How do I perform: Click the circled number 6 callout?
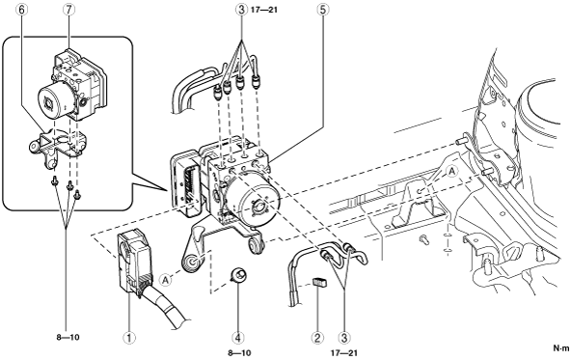21,10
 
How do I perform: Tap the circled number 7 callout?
68,10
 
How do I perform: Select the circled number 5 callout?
323,10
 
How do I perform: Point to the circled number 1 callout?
129,338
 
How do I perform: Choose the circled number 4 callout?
238,338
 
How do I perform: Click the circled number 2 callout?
317,338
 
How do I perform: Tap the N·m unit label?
561,348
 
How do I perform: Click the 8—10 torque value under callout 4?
239,352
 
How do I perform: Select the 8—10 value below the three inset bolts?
68,337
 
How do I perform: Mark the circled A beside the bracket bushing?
165,280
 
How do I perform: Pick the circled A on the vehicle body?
452,171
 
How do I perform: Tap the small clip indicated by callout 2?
319,283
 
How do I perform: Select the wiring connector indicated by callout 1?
134,262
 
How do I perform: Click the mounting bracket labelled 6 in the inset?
58,146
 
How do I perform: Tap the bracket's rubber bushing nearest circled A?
191,263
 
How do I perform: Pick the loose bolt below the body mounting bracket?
423,239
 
